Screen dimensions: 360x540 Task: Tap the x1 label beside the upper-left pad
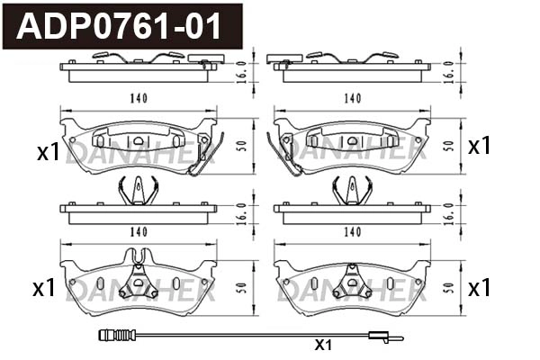tap(48, 152)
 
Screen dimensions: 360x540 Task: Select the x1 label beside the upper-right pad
tap(480, 146)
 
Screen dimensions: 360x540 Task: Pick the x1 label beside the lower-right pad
tap(480, 288)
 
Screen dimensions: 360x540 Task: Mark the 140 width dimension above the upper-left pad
tap(138, 97)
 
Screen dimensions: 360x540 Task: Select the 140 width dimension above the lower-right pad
tap(352, 232)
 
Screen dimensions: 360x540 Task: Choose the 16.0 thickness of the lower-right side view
tap(449, 211)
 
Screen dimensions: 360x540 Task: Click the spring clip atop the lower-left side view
tap(138, 189)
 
